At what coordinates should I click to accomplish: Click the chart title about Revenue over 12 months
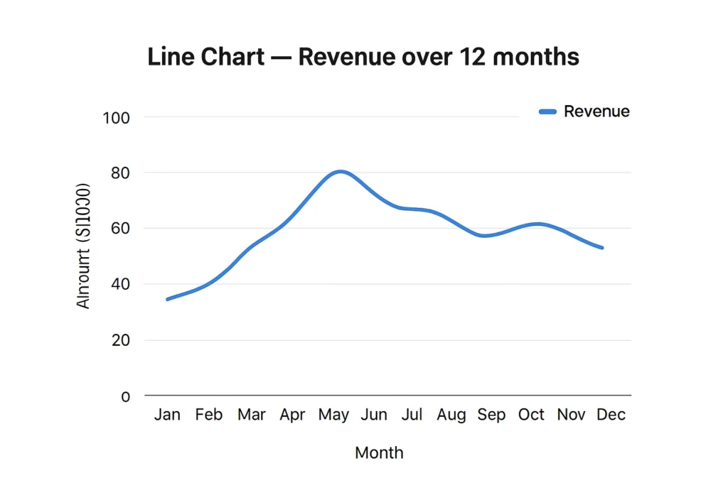363,57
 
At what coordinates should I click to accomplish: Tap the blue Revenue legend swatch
547,111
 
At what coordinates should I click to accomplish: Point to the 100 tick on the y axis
116,117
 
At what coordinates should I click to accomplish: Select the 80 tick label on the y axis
119,173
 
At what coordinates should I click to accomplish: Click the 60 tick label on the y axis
119,229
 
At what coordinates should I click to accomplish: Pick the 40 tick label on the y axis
119,284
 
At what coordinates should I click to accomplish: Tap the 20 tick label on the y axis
119,340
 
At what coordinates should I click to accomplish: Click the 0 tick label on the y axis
126,396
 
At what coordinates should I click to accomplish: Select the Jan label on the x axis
167,415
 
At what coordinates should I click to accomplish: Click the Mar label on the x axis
252,415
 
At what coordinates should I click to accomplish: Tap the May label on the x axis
333,415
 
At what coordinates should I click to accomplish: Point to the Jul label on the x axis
412,415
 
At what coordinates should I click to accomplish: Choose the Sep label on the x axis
491,415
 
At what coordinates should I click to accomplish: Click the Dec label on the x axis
611,415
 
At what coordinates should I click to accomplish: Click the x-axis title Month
379,452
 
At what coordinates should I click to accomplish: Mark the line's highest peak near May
341,171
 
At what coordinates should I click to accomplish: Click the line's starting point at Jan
168,299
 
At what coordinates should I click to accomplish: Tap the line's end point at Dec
602,247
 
